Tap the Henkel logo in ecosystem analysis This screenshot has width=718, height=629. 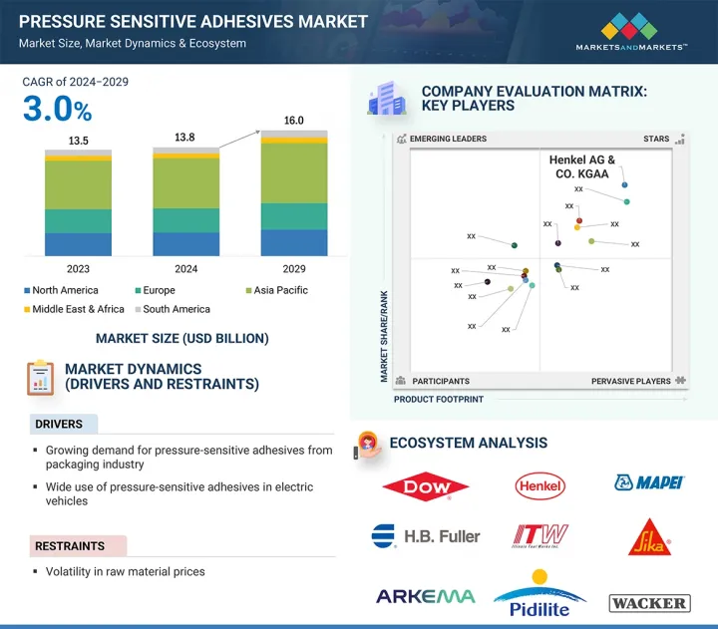click(539, 485)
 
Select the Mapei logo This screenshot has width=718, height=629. click(648, 483)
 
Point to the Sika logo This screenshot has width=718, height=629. click(649, 536)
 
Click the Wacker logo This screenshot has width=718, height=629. click(648, 602)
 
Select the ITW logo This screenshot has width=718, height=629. click(539, 536)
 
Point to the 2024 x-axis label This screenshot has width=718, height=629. click(185, 269)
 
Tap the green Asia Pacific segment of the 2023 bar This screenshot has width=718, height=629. click(78, 184)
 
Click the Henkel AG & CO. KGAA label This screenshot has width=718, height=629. click(582, 166)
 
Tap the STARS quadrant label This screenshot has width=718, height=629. click(656, 140)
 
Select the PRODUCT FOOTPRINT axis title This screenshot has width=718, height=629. click(439, 399)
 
